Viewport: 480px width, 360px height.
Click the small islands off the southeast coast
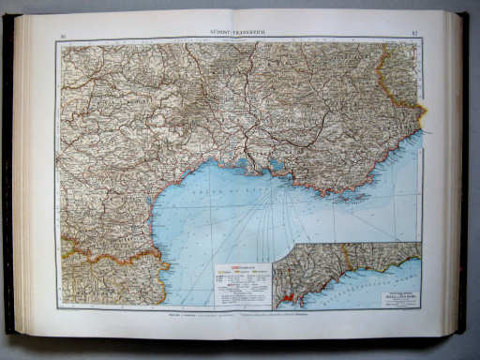click(351, 196)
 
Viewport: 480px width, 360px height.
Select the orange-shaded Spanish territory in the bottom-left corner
click(94, 281)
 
